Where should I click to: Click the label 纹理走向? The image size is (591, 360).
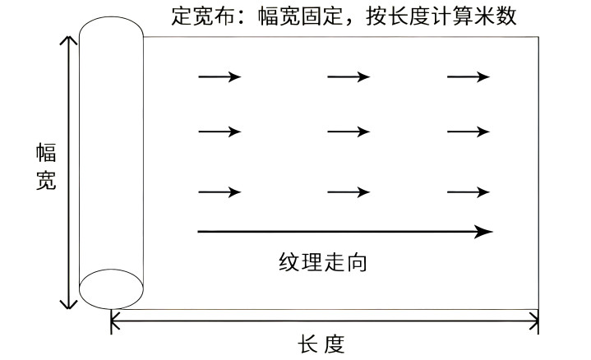tap(322, 263)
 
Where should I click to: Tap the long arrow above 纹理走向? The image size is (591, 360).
tap(345, 232)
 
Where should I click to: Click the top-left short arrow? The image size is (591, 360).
tap(219, 77)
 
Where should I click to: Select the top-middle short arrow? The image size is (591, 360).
tap(349, 77)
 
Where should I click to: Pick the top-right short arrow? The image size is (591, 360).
tap(469, 77)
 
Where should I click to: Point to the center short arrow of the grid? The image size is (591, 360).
tap(349, 132)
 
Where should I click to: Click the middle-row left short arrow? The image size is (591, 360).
tap(219, 132)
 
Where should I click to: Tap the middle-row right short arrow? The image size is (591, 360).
tap(469, 132)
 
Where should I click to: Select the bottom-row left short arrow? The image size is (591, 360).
tap(219, 192)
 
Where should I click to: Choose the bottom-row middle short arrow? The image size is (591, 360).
tap(349, 192)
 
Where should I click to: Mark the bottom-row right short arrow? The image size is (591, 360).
tap(469, 192)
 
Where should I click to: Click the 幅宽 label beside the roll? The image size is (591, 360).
tap(46, 168)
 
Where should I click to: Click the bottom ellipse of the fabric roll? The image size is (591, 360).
tap(111, 288)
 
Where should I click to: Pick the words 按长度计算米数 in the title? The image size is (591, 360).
tap(443, 16)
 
